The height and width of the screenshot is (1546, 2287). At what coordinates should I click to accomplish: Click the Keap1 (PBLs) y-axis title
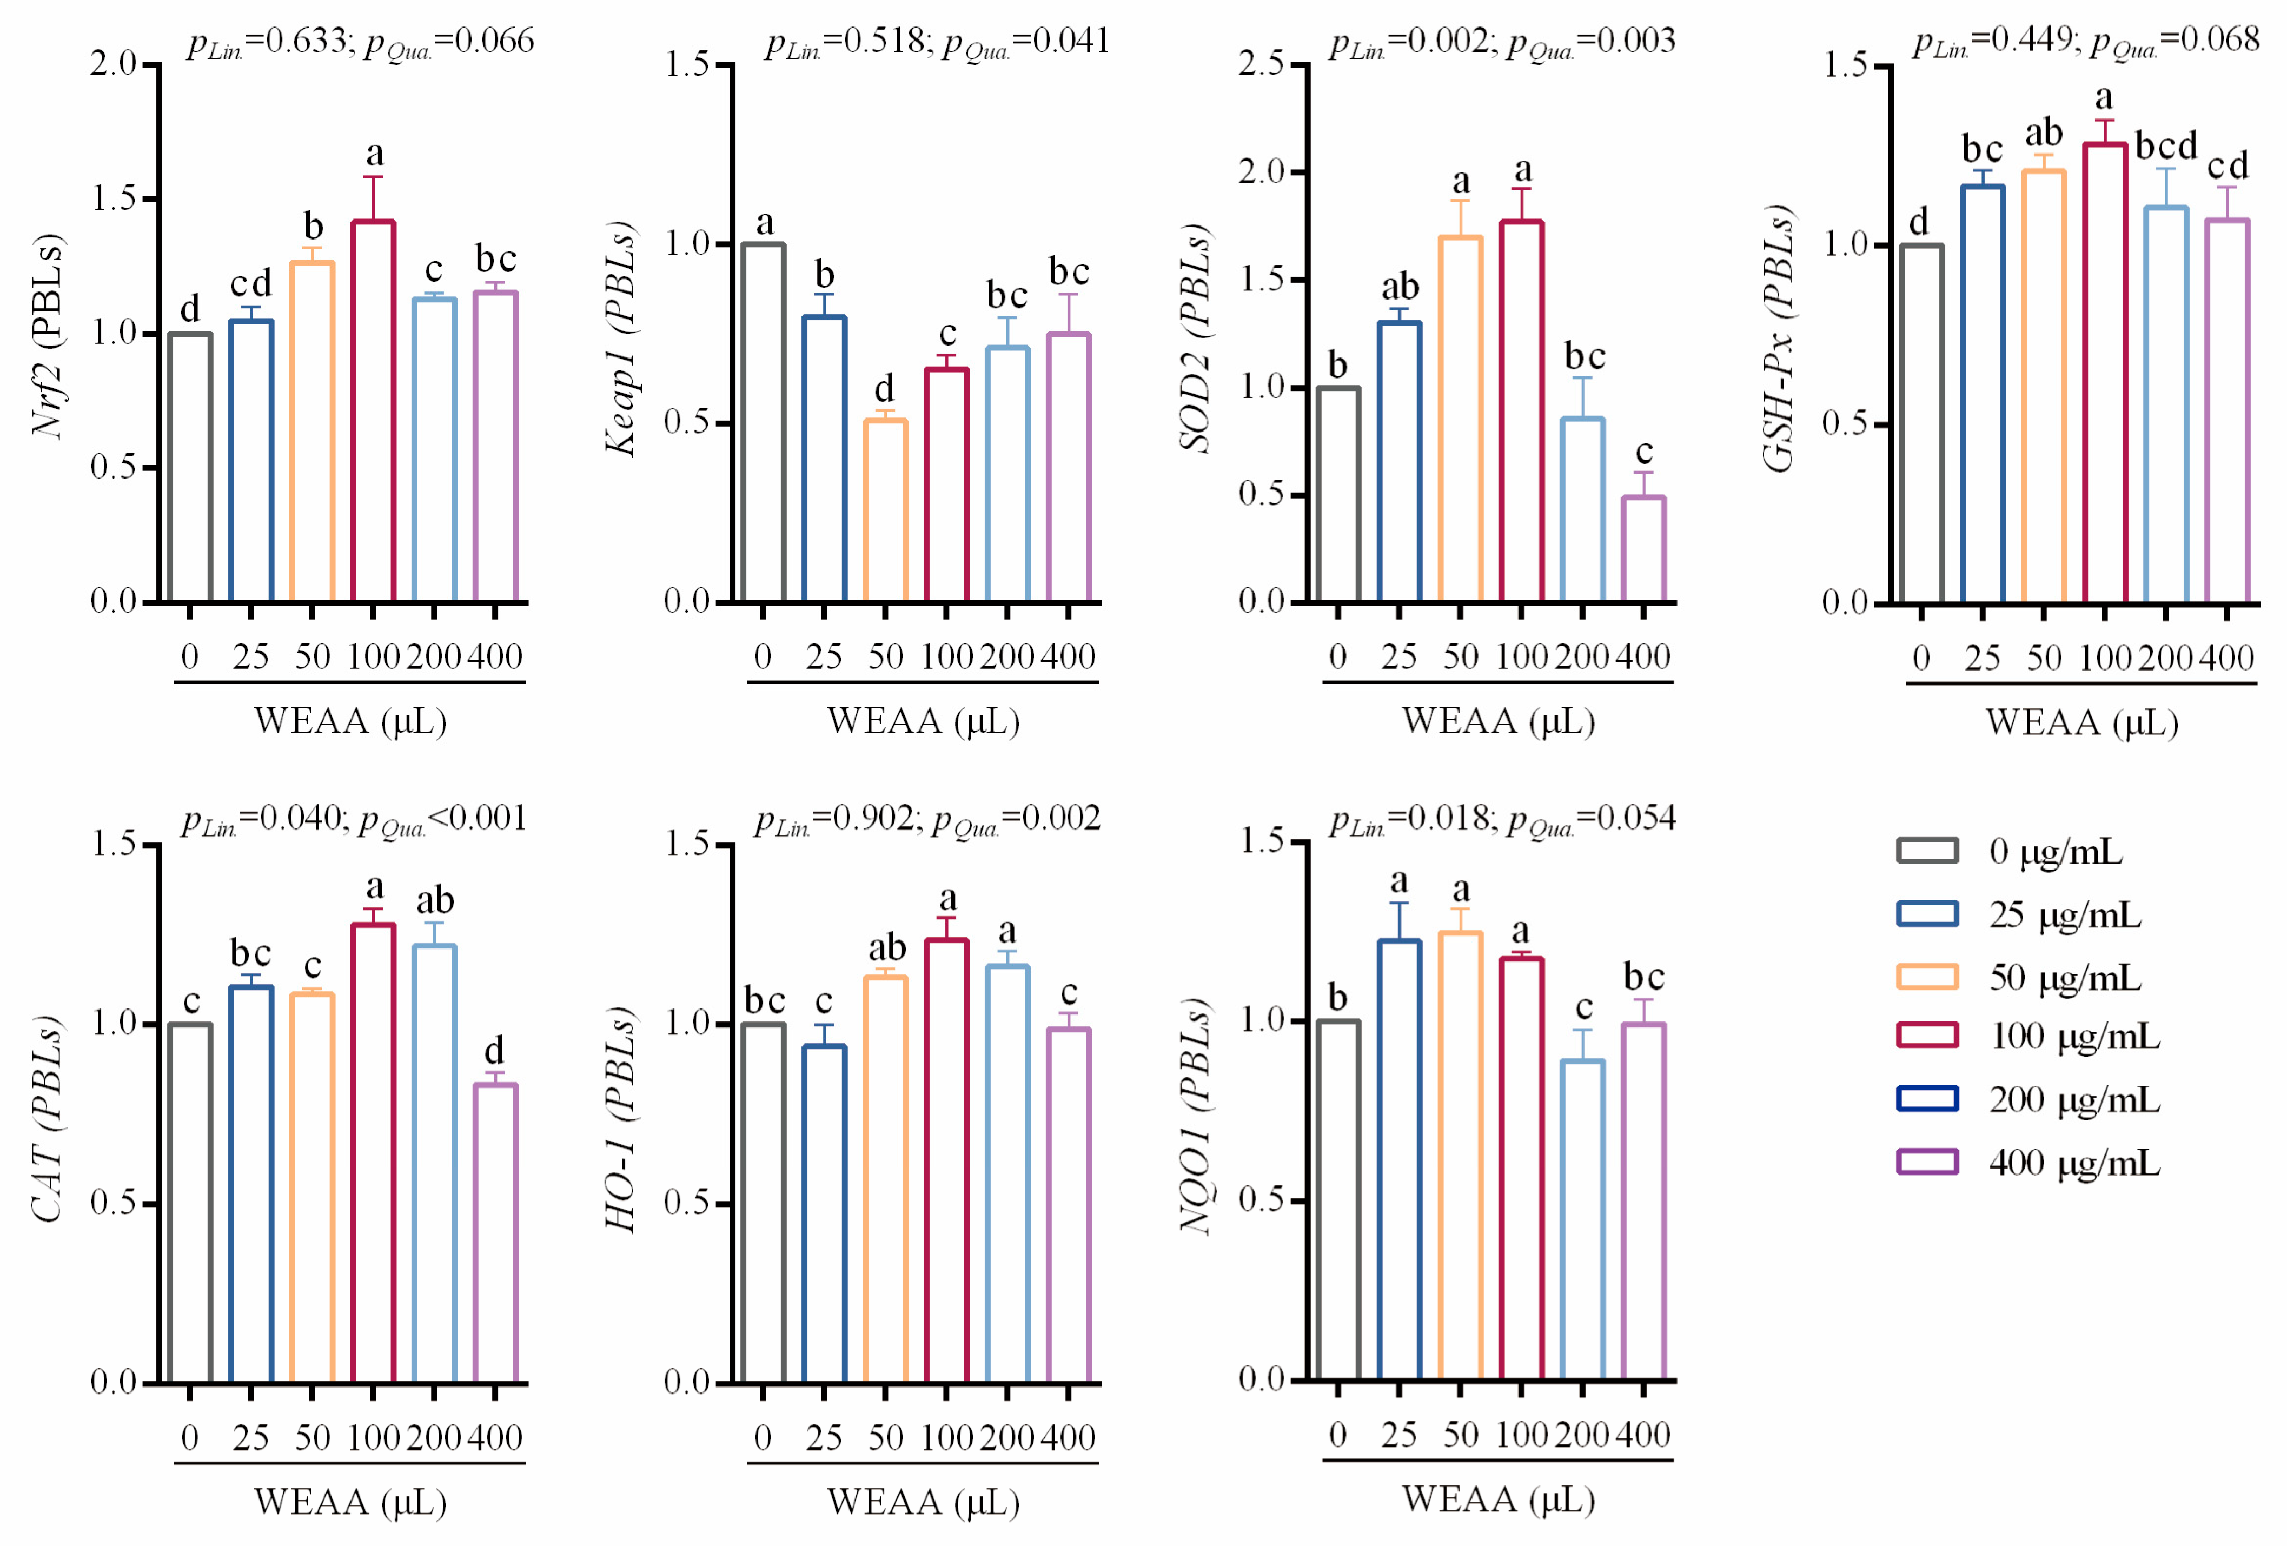(620, 340)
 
